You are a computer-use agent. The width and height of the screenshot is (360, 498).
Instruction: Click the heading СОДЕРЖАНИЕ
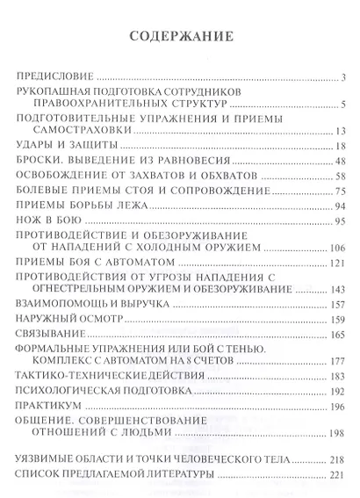[x=180, y=38]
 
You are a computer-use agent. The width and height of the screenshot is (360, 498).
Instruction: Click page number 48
[x=343, y=163]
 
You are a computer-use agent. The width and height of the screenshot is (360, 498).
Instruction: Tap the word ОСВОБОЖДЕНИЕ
[x=64, y=179]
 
